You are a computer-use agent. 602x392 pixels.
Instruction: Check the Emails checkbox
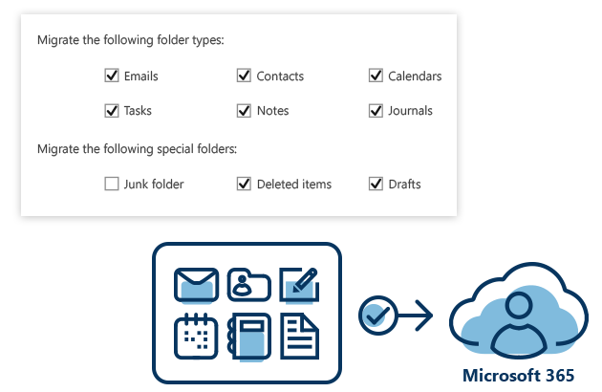[x=112, y=76]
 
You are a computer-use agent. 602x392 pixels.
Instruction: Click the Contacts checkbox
[x=244, y=76]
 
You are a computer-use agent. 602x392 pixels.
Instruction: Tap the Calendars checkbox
[x=376, y=76]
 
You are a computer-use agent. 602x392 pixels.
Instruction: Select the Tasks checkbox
[x=112, y=110]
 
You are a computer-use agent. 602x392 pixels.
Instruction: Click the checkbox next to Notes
[x=244, y=110]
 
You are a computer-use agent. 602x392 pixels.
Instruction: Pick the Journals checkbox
[x=376, y=110]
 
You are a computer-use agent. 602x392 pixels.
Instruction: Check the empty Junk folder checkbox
[x=112, y=184]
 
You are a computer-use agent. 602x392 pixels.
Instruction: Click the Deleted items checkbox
[x=244, y=184]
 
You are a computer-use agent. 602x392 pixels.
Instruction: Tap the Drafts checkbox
[x=376, y=184]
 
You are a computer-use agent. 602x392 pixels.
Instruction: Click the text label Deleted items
[x=294, y=184]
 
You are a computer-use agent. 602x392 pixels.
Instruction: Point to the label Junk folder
[x=154, y=184]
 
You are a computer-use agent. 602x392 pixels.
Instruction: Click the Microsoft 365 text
[x=519, y=375]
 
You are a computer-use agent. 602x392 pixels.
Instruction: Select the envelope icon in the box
[x=197, y=285]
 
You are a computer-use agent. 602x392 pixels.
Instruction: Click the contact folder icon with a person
[x=248, y=285]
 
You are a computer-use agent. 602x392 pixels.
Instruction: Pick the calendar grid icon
[x=197, y=337]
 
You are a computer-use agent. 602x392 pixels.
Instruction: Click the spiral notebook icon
[x=248, y=337]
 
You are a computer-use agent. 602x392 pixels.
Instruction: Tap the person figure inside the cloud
[x=519, y=320]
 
